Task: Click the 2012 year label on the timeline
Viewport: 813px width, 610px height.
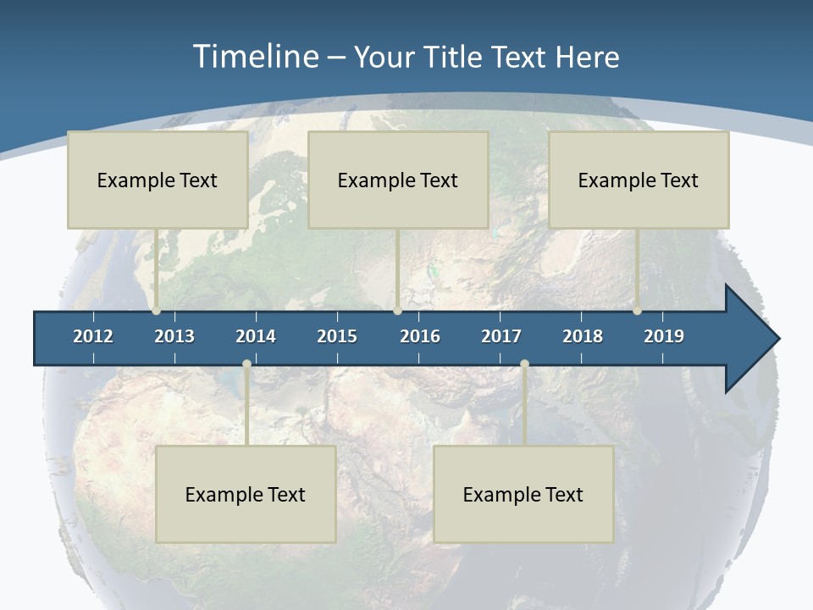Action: (93, 336)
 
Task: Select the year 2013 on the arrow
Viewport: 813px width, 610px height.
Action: (174, 336)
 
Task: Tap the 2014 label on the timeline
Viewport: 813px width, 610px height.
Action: (256, 336)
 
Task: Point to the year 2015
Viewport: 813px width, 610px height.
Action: (337, 336)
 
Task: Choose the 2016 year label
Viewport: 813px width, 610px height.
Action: (420, 336)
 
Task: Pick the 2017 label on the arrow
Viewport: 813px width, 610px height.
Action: (501, 336)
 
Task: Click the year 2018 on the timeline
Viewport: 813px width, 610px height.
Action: (583, 336)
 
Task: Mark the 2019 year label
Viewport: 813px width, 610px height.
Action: (664, 336)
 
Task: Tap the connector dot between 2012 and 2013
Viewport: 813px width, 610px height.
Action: (157, 311)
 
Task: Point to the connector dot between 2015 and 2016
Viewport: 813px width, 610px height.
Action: (397, 311)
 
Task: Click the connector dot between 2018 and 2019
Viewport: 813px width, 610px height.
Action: (638, 311)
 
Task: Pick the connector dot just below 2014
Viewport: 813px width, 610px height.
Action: (246, 364)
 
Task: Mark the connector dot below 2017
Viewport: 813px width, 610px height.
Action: (524, 364)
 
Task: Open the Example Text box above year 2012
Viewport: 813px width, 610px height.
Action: (158, 180)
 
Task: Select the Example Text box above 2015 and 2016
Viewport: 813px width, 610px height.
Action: (398, 180)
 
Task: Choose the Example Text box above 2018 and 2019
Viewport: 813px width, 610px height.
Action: (639, 180)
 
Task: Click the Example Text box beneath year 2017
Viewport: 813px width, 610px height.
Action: (523, 494)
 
